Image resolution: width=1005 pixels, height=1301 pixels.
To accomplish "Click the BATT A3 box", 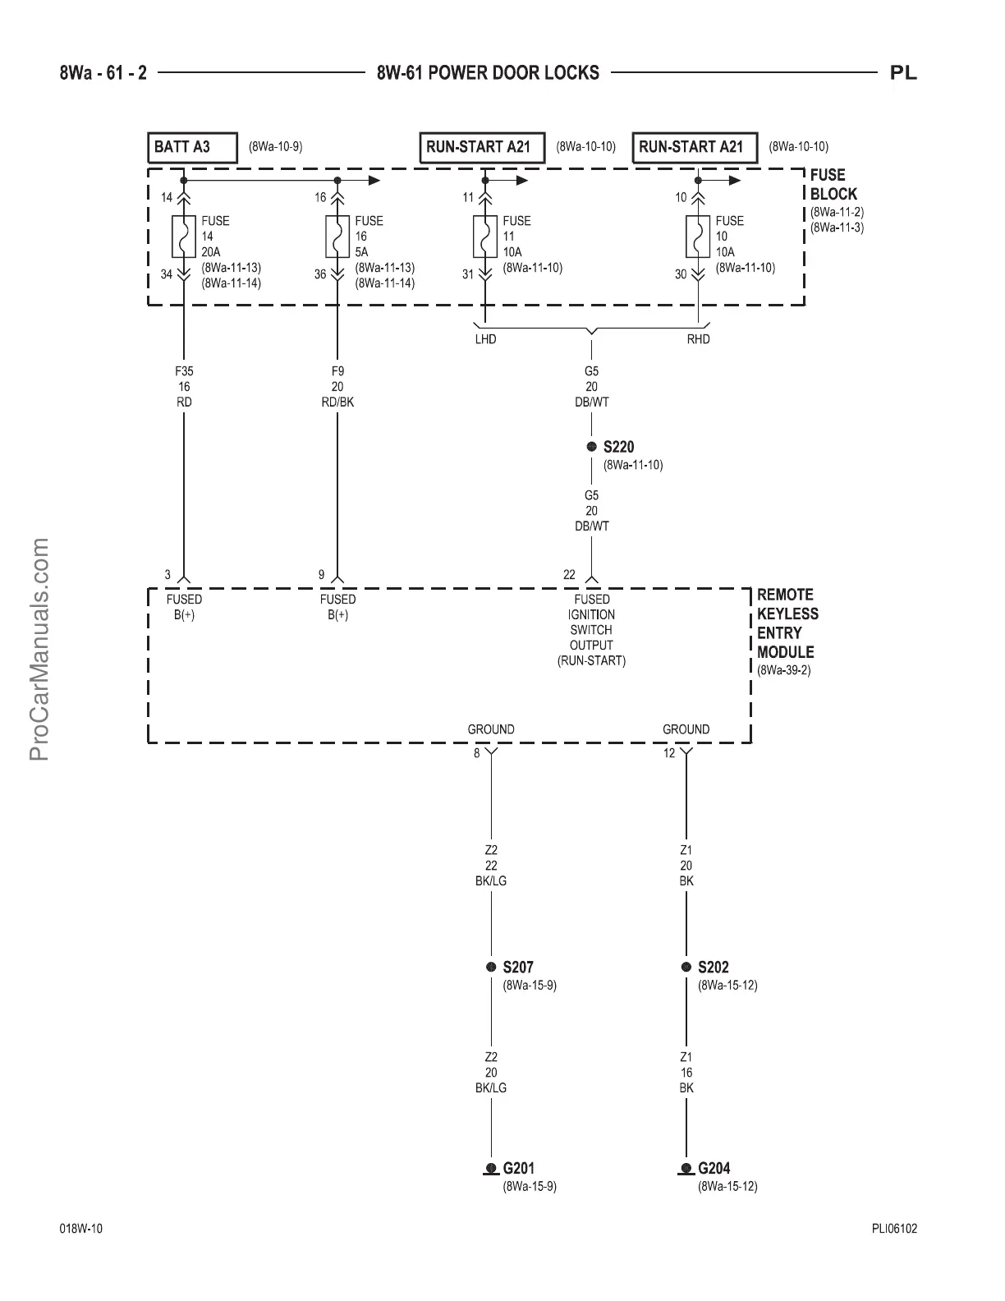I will click(192, 148).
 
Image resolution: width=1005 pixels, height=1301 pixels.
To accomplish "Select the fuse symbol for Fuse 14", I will click(183, 237).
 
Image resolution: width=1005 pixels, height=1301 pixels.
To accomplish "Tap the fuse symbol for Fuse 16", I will click(337, 237).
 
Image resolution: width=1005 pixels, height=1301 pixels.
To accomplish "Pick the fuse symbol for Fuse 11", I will click(484, 237).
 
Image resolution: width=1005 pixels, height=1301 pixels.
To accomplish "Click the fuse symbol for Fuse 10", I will click(698, 237).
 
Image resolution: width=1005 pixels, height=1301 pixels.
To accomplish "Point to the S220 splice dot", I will click(591, 447).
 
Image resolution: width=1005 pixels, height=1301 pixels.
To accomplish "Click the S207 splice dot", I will click(491, 968).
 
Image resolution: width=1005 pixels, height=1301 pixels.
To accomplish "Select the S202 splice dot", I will click(686, 968).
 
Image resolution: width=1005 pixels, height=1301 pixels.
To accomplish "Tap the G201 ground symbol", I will click(491, 1169).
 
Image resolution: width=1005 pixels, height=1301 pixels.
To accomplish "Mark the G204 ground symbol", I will click(686, 1169).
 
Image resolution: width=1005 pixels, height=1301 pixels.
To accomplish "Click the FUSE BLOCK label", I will click(833, 185).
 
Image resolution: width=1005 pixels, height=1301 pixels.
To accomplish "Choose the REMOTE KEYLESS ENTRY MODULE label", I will click(787, 623).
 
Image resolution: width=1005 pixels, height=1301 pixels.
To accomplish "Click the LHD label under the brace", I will click(485, 339).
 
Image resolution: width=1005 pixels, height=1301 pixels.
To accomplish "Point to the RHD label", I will click(698, 339).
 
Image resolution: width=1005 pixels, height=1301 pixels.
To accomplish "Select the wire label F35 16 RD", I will click(184, 387).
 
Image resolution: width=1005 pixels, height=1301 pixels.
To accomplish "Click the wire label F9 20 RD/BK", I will click(337, 387).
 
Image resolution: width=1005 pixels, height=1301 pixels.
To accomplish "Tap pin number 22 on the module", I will click(569, 575).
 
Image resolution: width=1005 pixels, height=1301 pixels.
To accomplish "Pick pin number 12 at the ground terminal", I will click(669, 753).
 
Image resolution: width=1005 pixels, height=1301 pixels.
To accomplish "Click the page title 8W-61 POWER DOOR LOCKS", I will click(488, 73).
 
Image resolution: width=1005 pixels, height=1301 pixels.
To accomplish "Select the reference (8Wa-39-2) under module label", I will click(784, 670).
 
